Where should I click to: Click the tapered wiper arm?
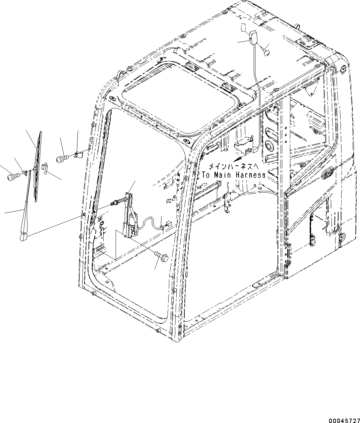(x=28, y=208)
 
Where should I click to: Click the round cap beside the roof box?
(x=267, y=52)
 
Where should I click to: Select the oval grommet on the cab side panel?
(x=327, y=173)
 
